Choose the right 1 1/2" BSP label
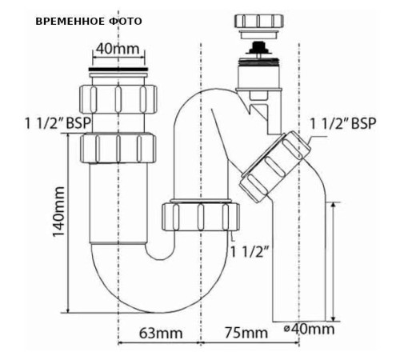[342, 124]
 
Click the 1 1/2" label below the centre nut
[250, 250]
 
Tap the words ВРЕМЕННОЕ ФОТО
[89, 20]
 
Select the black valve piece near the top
[256, 50]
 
